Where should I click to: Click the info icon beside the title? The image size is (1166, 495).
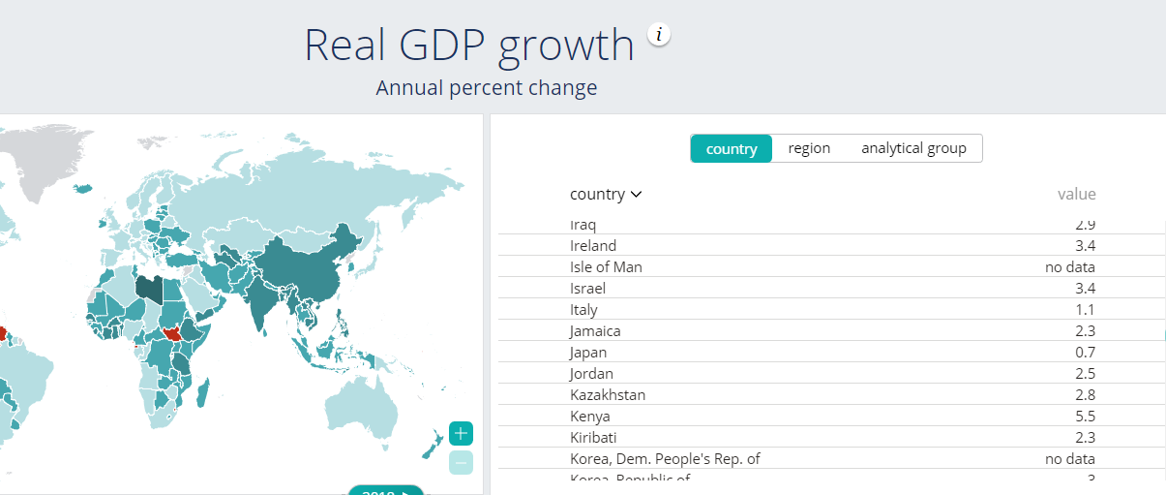[x=659, y=35]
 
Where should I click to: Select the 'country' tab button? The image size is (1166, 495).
[x=732, y=148]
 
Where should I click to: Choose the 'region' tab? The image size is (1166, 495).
[x=809, y=148]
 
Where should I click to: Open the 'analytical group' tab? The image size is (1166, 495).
[x=913, y=148]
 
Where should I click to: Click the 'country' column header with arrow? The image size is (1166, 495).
[x=606, y=194]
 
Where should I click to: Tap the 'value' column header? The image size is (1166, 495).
[x=1076, y=194]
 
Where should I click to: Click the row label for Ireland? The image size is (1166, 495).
[x=593, y=246]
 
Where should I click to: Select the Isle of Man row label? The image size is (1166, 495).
[x=606, y=267]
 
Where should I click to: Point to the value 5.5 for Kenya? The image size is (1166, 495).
[x=1085, y=417]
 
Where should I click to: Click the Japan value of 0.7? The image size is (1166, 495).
[x=1085, y=353]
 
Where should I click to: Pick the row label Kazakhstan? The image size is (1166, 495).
[x=608, y=395]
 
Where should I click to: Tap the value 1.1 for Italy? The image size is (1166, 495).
[x=1085, y=310]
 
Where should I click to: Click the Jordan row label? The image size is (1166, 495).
[x=592, y=374]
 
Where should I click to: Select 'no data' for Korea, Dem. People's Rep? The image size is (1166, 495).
[x=1070, y=459]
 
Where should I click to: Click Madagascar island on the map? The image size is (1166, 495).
[x=204, y=393]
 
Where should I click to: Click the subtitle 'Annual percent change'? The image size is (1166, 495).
[x=487, y=88]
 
